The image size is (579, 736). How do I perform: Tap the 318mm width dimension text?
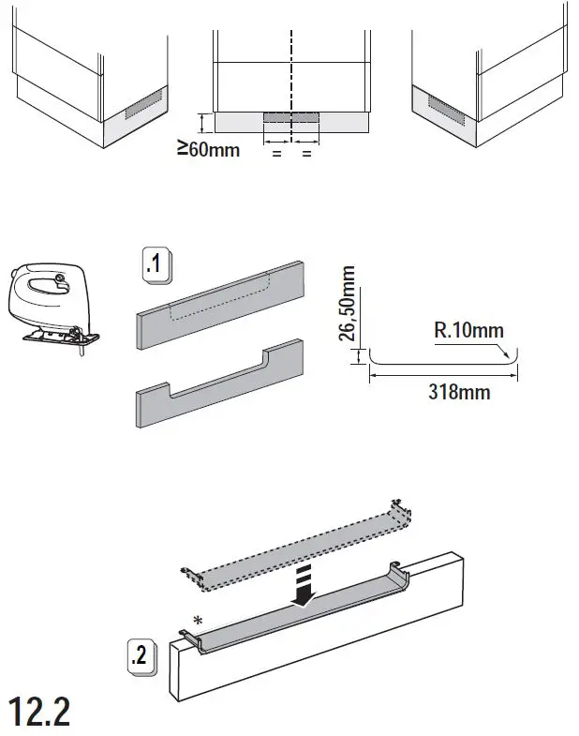pos(458,392)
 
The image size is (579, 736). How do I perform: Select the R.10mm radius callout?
pos(468,330)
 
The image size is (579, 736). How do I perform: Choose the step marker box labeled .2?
pos(141,655)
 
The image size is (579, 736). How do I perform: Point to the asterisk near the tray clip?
pos(198,620)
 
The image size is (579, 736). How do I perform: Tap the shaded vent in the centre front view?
pos(291,117)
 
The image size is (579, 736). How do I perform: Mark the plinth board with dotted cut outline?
pos(222,302)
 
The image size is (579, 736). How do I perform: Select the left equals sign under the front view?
pos(276,152)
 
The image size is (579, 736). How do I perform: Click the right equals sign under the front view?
pos(306,152)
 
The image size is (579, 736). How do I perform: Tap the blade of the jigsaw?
pos(82,351)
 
